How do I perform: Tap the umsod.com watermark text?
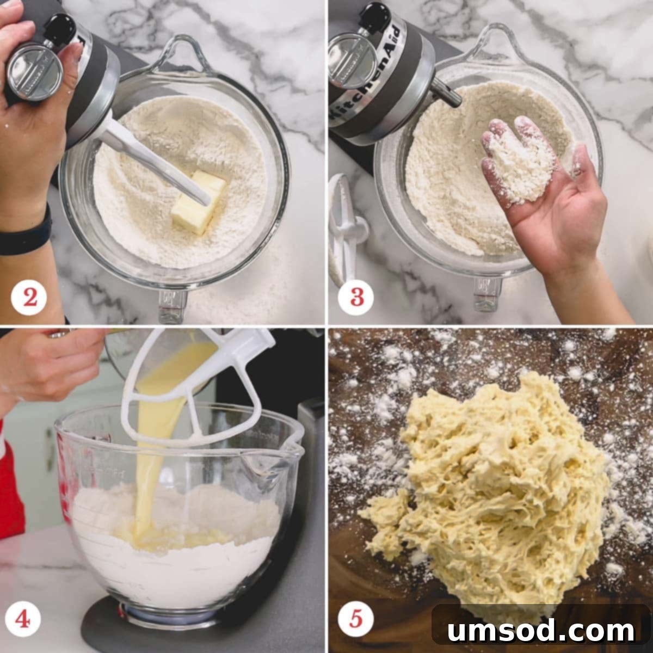tap(541, 630)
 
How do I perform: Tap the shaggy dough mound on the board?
tap(490, 484)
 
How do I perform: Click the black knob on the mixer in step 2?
tap(59, 26)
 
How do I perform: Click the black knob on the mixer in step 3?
tap(375, 15)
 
